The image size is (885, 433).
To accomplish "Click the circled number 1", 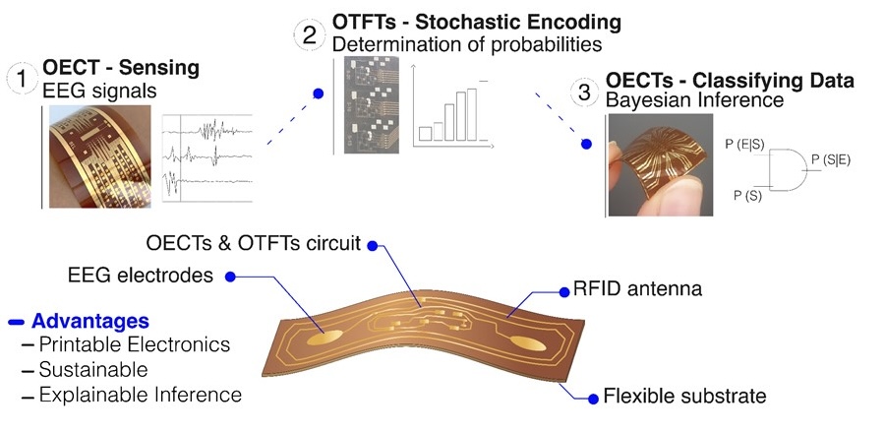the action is point(22,79).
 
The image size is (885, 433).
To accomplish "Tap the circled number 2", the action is point(310,35).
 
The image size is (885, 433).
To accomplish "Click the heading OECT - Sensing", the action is point(121,68).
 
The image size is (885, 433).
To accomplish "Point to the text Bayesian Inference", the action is point(695,100).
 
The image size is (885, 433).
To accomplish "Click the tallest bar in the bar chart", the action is point(472,114).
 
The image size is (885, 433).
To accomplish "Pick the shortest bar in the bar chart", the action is point(425,134).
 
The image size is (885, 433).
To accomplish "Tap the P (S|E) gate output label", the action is point(830,159).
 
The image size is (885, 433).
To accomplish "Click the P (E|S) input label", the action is point(744,145).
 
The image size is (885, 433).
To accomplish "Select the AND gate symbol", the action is point(788,169).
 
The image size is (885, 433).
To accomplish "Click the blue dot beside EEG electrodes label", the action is point(230,277).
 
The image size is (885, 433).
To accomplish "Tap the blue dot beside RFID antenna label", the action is point(563,292).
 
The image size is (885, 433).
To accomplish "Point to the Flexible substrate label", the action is point(684,396).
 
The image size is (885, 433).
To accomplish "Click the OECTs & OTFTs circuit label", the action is point(253,243).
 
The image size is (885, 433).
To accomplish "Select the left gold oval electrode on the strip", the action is point(324,338).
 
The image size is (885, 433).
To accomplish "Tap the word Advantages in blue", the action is point(90,321).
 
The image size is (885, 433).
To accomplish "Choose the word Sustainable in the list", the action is point(93,370).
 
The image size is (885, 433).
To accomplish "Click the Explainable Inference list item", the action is point(140,395).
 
